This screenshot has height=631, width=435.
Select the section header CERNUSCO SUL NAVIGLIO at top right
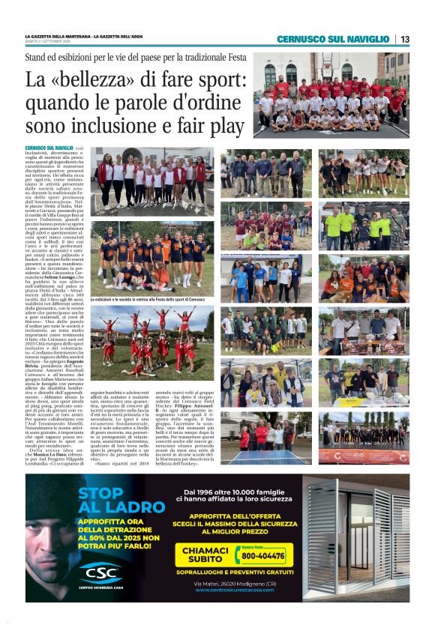coord(332,39)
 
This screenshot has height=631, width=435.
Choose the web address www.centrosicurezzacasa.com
coord(234,590)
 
